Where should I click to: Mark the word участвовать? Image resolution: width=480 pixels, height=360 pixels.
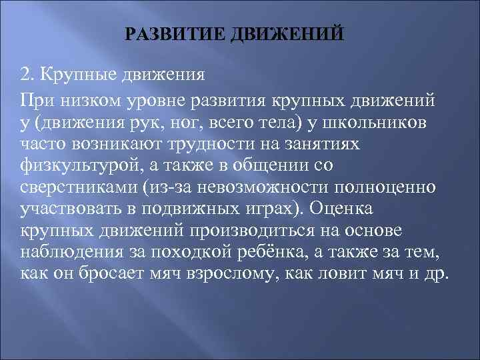coord(67,209)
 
